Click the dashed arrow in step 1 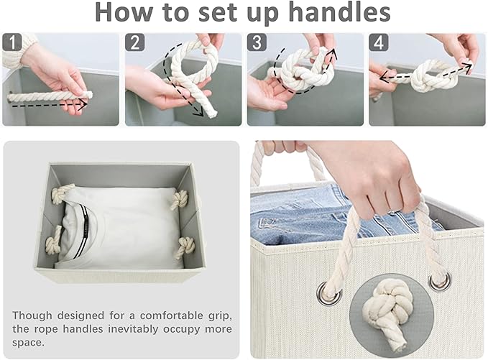[x=50, y=103]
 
